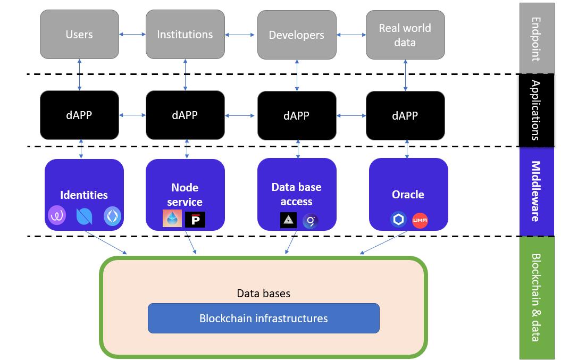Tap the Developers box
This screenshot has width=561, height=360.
(296, 35)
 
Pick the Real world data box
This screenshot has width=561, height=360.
(405, 35)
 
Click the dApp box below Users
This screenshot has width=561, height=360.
(79, 115)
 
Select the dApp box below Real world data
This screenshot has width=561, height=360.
(405, 116)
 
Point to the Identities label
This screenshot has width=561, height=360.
(84, 195)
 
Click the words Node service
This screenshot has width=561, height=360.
(185, 195)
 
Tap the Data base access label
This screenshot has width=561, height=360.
(296, 194)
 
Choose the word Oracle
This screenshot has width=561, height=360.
(408, 195)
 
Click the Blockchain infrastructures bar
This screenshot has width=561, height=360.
(263, 319)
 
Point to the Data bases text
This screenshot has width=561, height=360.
(263, 294)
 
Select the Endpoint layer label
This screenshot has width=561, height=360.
(536, 39)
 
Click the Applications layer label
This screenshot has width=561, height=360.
(536, 110)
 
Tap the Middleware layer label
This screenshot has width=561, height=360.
(536, 191)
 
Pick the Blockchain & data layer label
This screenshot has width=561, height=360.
(536, 297)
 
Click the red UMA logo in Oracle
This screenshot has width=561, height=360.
(420, 220)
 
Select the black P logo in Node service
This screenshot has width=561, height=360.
(195, 219)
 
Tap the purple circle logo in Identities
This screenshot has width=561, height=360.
(56, 216)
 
